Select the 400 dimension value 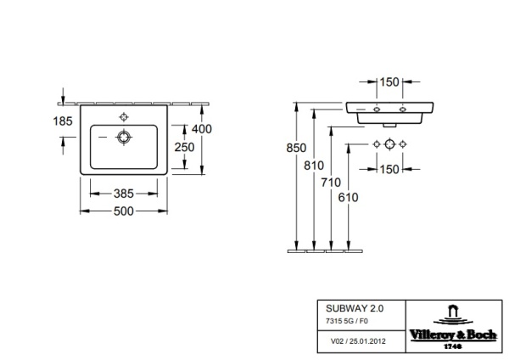(x=201, y=129)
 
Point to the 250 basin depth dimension (x=184, y=146)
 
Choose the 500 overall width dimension (x=125, y=211)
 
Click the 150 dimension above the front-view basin (x=389, y=82)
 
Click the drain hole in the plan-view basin (x=125, y=136)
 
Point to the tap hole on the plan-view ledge (x=125, y=114)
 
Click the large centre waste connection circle (x=389, y=143)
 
